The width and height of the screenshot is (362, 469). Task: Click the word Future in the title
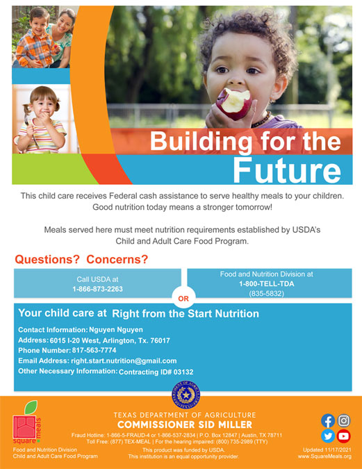(287, 170)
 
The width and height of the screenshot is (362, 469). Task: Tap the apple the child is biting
(234, 103)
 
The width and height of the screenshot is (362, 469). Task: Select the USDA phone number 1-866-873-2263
(97, 288)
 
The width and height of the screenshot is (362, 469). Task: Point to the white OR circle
(183, 299)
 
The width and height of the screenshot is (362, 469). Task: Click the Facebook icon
(327, 421)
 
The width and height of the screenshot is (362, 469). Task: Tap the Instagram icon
(343, 421)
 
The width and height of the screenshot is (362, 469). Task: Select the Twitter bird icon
(327, 436)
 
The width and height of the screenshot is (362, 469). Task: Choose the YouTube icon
(343, 436)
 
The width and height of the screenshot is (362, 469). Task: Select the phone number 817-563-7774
(99, 351)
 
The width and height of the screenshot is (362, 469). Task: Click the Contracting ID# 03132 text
(156, 372)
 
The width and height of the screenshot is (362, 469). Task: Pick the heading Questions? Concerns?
(81, 260)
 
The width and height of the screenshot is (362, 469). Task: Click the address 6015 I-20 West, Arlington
(110, 340)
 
